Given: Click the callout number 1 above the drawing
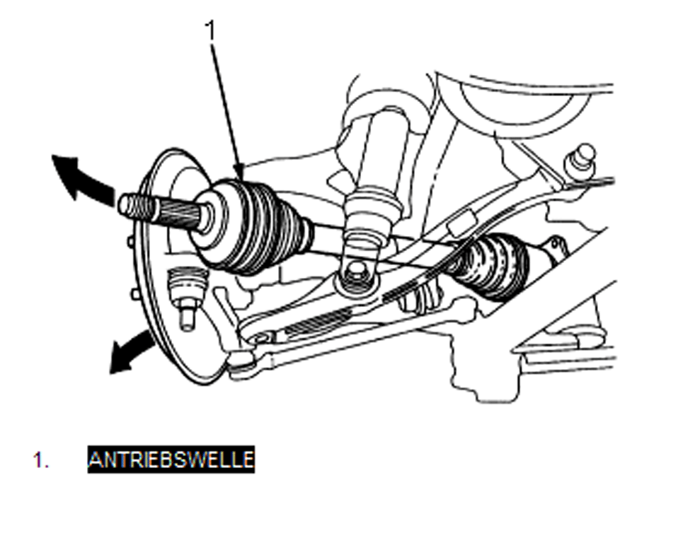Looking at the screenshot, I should [210, 30].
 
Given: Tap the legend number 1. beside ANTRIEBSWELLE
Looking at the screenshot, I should [41, 460].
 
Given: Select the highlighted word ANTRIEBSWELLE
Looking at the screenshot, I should [171, 460].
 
